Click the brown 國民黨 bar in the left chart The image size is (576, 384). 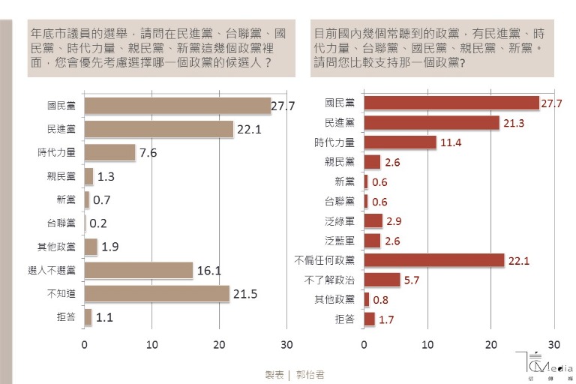pos(177,106)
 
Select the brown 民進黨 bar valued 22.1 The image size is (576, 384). pos(158,129)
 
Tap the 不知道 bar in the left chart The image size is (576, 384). pos(156,293)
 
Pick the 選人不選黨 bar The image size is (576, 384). pos(138,270)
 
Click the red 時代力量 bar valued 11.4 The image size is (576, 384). pos(400,142)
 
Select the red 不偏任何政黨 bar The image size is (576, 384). pos(433,260)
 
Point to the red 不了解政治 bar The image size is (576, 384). pos(382,280)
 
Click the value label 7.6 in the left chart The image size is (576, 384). pos(148,153)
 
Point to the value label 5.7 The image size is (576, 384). pos(412,280)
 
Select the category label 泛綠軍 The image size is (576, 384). pos(340,220)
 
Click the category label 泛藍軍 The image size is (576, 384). pos(340,241)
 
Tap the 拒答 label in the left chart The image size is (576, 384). pos(65,317)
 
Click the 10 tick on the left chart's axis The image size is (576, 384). pos(151,344)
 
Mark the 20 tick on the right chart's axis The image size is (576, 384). pos(490,344)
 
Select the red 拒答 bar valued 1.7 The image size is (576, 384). pos(369,319)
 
